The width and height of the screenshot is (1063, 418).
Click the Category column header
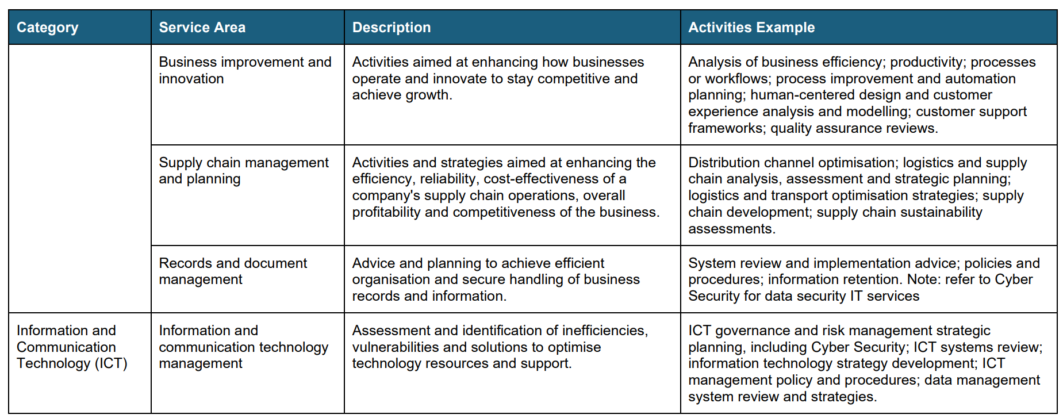coord(47,28)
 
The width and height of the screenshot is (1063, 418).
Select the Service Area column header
coord(202,28)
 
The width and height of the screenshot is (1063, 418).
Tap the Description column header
coord(391,28)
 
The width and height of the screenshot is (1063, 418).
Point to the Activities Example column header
coord(751,28)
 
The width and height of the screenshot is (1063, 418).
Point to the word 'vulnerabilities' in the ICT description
coord(396,347)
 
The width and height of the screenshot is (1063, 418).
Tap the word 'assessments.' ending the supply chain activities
coord(732,229)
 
